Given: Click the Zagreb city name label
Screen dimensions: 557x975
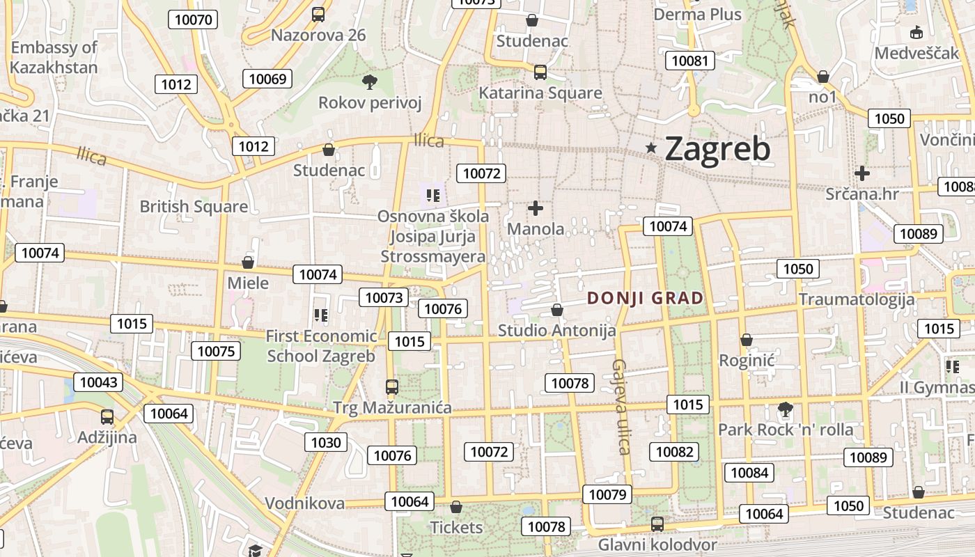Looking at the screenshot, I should [x=717, y=149].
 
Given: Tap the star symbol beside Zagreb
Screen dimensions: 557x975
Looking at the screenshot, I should [x=651, y=148].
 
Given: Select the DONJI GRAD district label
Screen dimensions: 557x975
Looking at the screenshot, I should [x=645, y=299].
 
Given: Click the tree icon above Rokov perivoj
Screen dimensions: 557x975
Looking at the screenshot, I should [x=369, y=82].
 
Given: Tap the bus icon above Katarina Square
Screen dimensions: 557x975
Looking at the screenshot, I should [x=540, y=72].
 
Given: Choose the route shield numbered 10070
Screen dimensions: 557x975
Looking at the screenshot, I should [x=194, y=19].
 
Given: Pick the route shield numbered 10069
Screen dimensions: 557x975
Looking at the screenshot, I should [x=267, y=79].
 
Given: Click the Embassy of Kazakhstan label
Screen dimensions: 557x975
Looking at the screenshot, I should [x=54, y=58].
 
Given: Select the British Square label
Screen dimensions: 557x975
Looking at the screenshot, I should [x=194, y=207].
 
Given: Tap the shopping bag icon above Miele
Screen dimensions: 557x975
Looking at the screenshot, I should [x=247, y=262].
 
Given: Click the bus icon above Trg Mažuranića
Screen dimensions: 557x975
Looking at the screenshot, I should [x=392, y=387].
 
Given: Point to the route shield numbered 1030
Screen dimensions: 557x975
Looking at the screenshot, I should [x=326, y=442].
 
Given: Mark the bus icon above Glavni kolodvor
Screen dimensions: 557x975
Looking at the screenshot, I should [x=657, y=524].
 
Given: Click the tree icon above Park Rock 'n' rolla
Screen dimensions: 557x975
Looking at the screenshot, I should [x=786, y=409].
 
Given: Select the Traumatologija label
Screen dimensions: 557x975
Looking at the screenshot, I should [x=857, y=300].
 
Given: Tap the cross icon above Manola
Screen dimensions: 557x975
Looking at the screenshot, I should [x=535, y=208].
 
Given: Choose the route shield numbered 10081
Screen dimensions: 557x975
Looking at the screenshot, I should [x=689, y=61].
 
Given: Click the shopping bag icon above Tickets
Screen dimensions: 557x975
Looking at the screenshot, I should [x=456, y=507].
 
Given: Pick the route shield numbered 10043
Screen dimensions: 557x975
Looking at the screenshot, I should [x=99, y=382].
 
